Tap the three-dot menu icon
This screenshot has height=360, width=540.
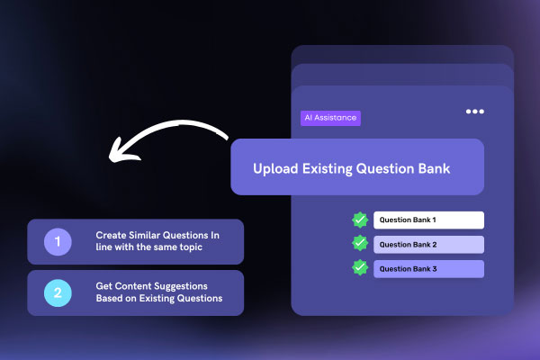474,112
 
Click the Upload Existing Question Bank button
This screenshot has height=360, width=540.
357,167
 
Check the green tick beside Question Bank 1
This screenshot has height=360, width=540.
360,220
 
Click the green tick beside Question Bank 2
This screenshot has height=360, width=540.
360,243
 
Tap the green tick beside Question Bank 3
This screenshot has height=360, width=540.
360,267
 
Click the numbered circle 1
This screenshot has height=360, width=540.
58,242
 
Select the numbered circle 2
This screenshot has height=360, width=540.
58,292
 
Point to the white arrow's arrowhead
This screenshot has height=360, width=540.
114,150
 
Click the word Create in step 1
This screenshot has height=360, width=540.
112,236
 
